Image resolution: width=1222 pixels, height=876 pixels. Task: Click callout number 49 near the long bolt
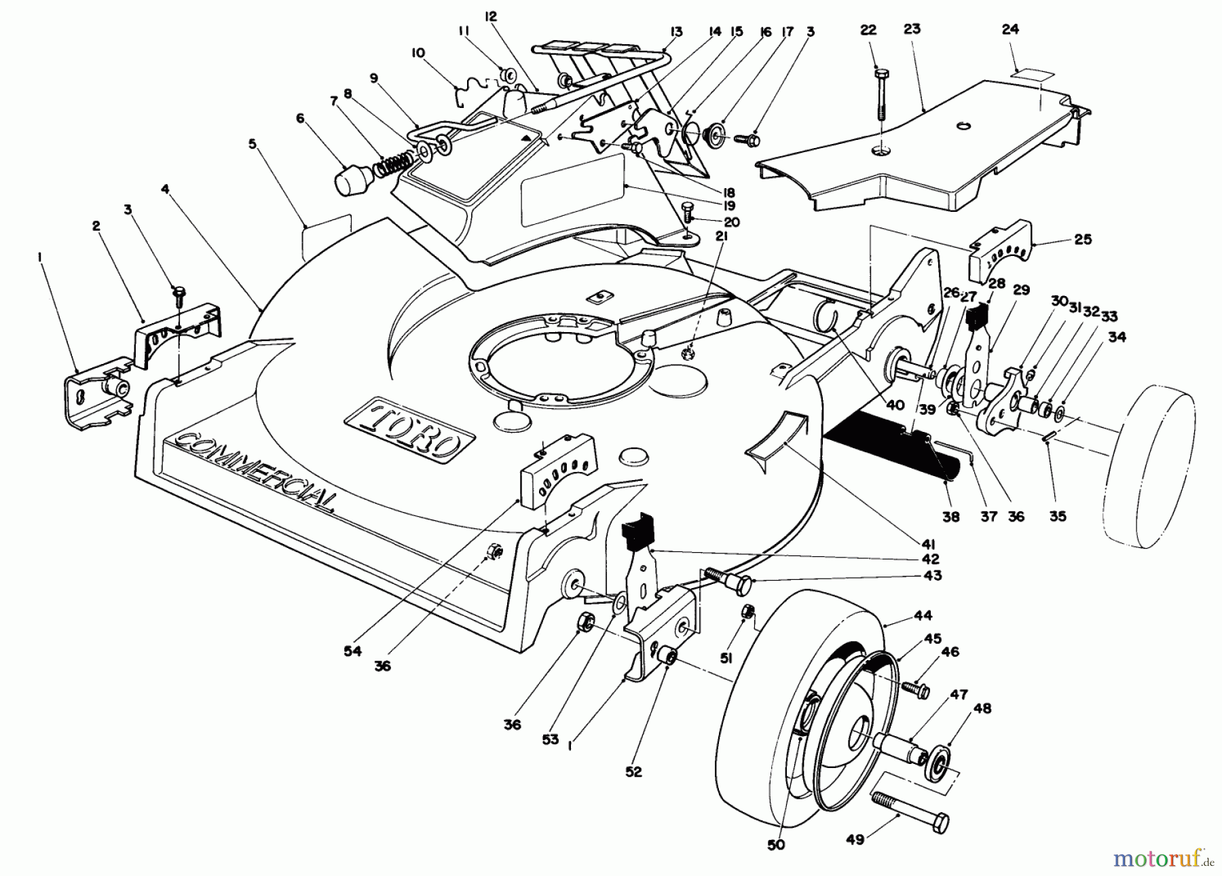pyautogui.click(x=855, y=840)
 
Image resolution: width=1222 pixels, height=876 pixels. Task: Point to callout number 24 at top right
pyautogui.click(x=1010, y=29)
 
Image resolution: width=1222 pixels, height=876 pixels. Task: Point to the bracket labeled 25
pyautogui.click(x=1001, y=253)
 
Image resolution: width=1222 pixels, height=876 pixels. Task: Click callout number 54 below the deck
pyautogui.click(x=352, y=651)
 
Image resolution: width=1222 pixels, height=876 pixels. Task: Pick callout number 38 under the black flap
pyautogui.click(x=951, y=517)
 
